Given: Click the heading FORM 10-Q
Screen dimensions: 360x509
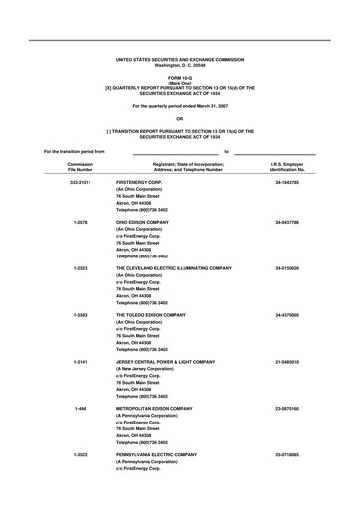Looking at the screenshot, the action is tap(180, 77).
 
